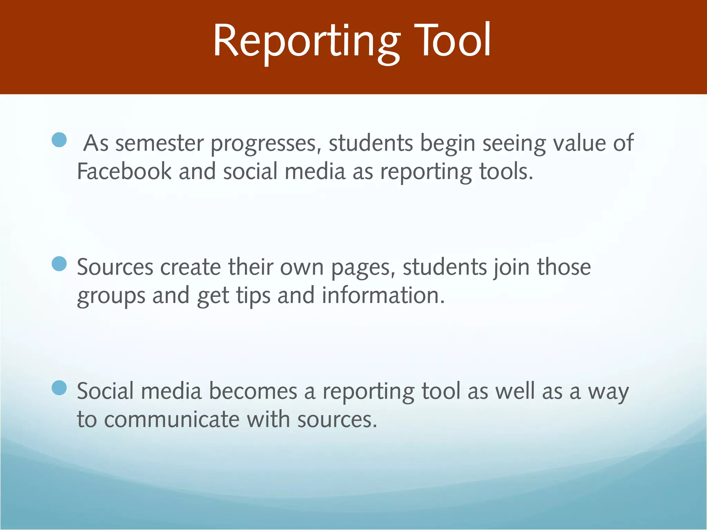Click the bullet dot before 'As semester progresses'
point(59,140)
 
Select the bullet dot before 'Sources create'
point(59,264)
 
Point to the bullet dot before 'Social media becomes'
point(59,388)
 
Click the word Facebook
point(124,171)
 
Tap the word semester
point(159,144)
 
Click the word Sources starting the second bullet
point(115,267)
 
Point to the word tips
point(253,296)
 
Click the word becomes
point(253,392)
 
